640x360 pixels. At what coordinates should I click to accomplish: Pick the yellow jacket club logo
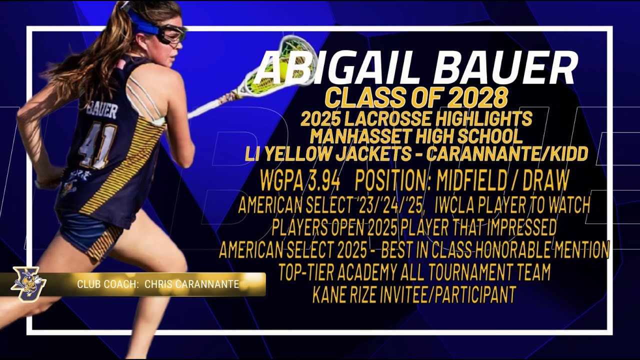(28, 283)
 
